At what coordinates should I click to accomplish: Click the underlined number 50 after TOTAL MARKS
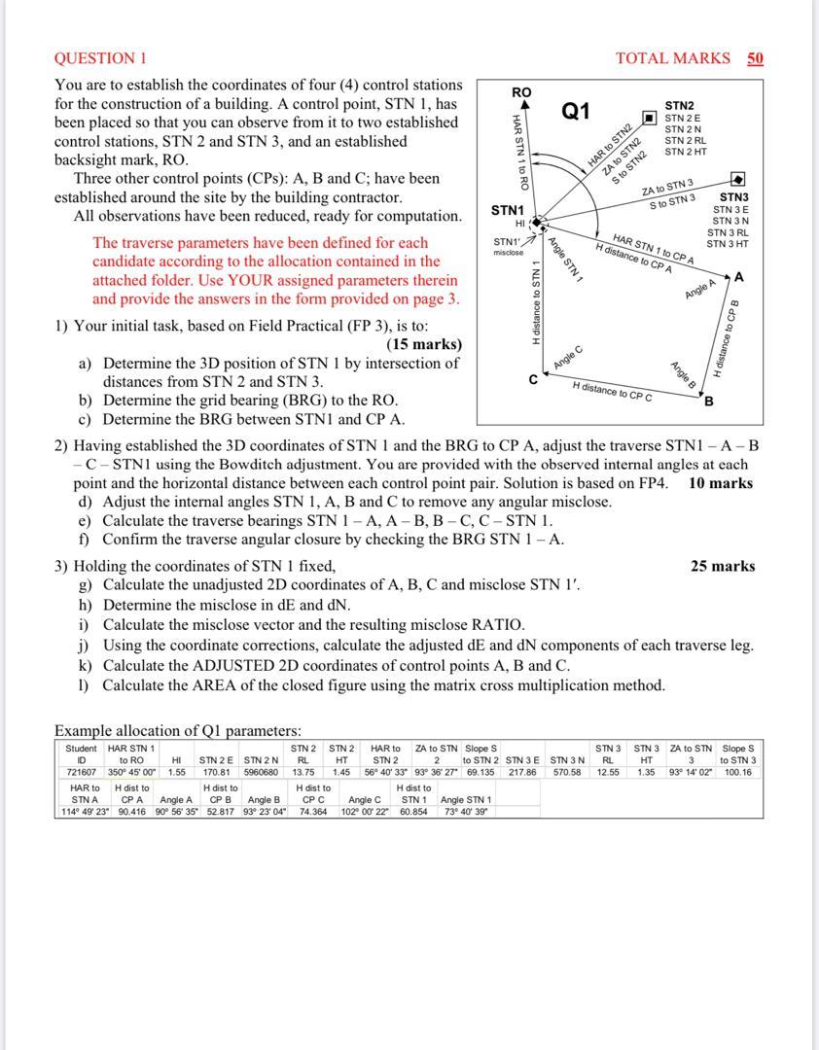click(755, 58)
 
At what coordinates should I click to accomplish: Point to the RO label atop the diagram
click(521, 92)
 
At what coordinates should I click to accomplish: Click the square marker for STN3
click(737, 181)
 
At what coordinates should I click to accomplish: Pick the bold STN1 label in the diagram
click(508, 210)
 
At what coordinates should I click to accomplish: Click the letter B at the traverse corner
click(709, 402)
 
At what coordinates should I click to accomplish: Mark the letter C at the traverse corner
click(532, 380)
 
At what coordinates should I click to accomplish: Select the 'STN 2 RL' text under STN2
click(685, 141)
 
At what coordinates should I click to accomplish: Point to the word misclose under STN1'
click(508, 252)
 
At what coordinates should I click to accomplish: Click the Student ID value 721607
click(81, 772)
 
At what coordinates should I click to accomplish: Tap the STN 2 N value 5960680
click(261, 772)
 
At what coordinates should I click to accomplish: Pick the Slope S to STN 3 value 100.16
click(739, 772)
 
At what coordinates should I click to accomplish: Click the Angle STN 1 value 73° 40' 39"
click(466, 812)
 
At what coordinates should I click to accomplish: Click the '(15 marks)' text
click(424, 345)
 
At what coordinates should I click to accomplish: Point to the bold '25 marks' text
click(723, 566)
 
